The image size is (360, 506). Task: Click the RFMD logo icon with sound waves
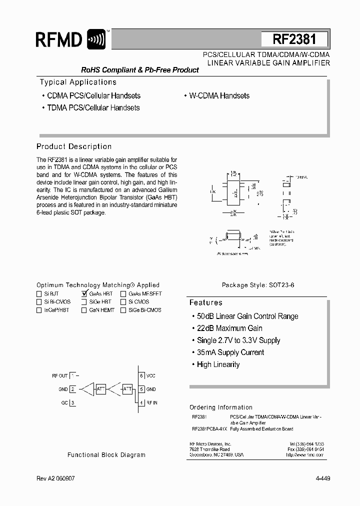(x=96, y=39)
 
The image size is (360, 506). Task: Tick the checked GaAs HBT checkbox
(x=84, y=294)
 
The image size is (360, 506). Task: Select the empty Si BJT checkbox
(x=39, y=294)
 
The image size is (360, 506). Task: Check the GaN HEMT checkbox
(x=84, y=310)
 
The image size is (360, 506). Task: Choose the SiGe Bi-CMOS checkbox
(x=123, y=310)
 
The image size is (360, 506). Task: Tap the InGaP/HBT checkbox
(x=39, y=310)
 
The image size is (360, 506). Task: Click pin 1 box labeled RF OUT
(x=72, y=375)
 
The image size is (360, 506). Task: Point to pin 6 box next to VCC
(x=141, y=375)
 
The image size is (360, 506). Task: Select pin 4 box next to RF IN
(x=141, y=402)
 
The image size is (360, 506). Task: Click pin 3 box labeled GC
(x=72, y=402)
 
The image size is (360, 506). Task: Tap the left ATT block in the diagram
(x=100, y=389)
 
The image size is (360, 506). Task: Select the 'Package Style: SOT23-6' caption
(x=258, y=285)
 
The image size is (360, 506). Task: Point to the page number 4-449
(x=323, y=478)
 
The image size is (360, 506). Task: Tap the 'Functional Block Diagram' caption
(x=106, y=455)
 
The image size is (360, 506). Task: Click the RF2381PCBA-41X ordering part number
(x=209, y=429)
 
